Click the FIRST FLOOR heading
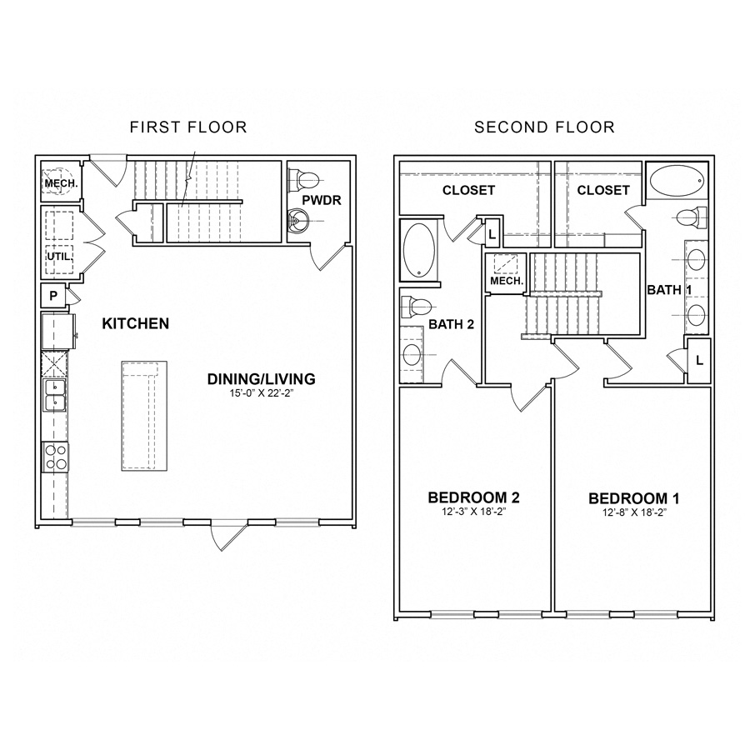coord(188,127)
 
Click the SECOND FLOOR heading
coord(544,127)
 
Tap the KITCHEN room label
coord(136,322)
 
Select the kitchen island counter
coord(143,414)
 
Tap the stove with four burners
coord(55,457)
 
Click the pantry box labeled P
coord(52,296)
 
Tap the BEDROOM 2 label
coord(473,498)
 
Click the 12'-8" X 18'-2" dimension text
coord(634,512)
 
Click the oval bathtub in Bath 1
coord(676,181)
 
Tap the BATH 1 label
coord(670,290)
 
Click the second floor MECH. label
coord(506,282)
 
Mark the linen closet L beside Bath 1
coord(697,361)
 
